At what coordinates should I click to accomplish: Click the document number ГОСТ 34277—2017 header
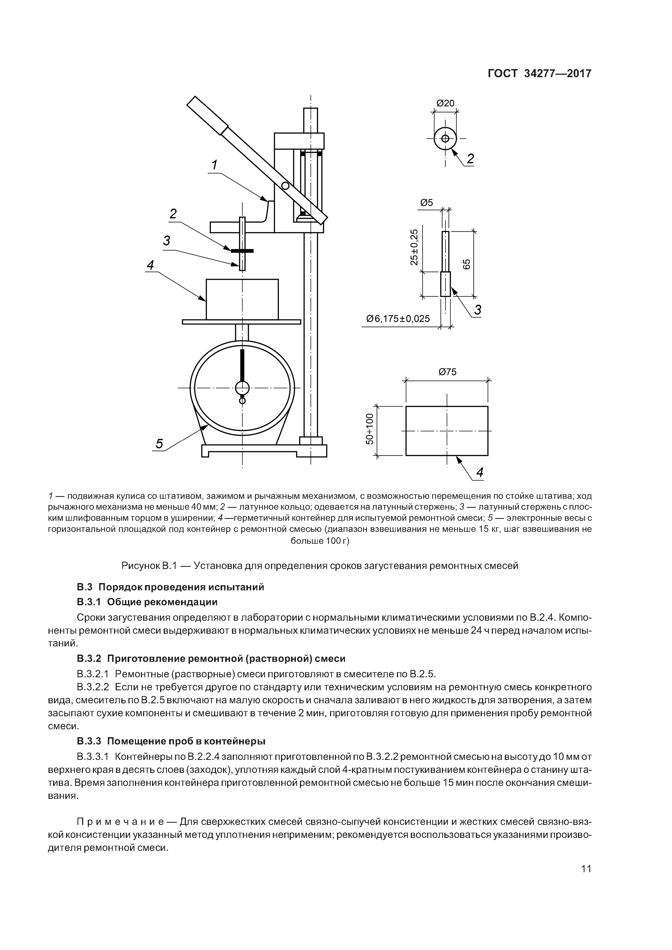pos(539,74)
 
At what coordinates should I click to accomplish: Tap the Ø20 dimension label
pos(445,103)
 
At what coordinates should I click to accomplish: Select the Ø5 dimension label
pos(427,203)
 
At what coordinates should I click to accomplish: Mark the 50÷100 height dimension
pos(370,429)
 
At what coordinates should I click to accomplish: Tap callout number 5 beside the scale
pos(159,444)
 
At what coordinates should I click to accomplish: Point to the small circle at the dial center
pos(242,388)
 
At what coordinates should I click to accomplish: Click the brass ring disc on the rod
pos(242,251)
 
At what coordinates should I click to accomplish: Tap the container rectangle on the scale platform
pos(242,299)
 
